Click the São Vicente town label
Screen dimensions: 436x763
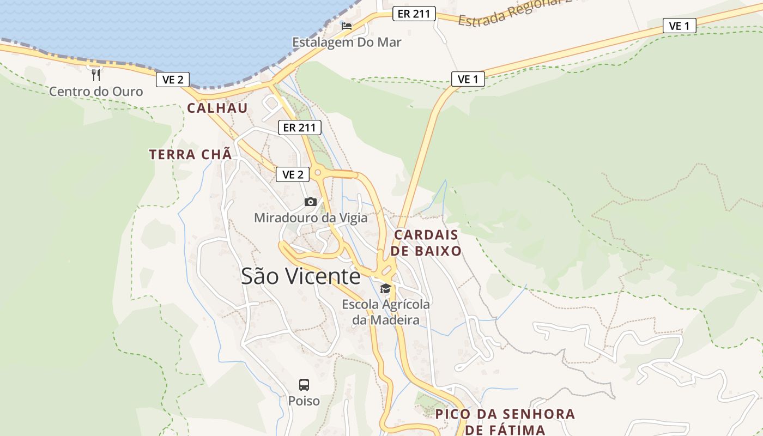click(x=300, y=276)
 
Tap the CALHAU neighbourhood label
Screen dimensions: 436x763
click(x=217, y=108)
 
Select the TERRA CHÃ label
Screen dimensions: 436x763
click(x=190, y=154)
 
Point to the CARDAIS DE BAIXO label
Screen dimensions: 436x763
click(x=427, y=243)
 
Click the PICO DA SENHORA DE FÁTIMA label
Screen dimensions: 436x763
click(x=505, y=421)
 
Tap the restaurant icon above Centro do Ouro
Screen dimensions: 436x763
click(x=96, y=75)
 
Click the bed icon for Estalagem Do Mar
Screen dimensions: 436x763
click(x=347, y=26)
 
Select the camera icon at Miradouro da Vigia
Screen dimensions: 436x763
click(x=311, y=202)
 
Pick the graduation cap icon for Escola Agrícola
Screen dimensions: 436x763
click(x=385, y=289)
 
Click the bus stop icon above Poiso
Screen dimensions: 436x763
click(x=304, y=384)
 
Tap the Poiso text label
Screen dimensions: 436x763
click(x=304, y=401)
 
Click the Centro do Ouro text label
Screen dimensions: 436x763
click(x=96, y=91)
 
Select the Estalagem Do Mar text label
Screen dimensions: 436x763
click(x=347, y=42)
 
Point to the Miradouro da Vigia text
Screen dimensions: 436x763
click(x=311, y=218)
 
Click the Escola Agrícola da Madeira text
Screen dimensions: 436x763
click(x=386, y=312)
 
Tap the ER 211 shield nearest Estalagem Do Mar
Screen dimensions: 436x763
click(x=414, y=14)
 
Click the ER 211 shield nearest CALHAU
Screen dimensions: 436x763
click(x=299, y=128)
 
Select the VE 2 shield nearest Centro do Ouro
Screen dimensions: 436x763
click(x=173, y=80)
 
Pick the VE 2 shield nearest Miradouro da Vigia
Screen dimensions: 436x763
click(x=293, y=174)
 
